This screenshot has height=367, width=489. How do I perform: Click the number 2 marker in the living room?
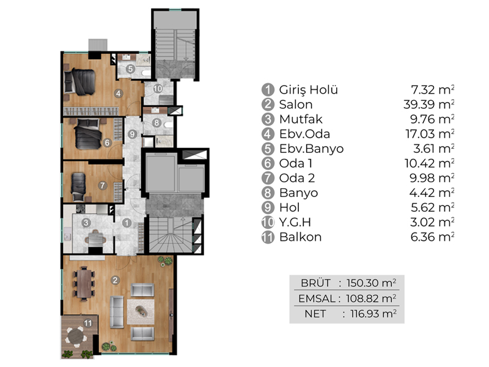coord(116,280)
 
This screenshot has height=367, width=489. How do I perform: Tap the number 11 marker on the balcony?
coord(88,323)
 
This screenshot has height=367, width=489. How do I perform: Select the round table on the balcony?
coord(76,336)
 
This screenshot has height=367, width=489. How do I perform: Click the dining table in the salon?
coord(84,283)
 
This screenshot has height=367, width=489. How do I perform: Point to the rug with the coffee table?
coord(141,312)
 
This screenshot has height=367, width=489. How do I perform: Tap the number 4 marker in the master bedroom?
coord(118,93)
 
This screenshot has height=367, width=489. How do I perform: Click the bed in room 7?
coord(78,187)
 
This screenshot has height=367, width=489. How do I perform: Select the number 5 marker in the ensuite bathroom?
coord(130,69)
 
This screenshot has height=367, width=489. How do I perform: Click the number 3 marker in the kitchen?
coord(86,223)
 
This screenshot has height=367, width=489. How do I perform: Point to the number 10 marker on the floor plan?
coord(158,89)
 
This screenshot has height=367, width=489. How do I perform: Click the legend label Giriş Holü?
coord(309,90)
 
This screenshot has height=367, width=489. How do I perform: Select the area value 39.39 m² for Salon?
coord(428,105)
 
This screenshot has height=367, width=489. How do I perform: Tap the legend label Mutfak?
coord(301,119)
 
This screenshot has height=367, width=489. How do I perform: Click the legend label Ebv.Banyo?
coord(311,149)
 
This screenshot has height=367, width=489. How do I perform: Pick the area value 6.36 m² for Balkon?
coord(432,237)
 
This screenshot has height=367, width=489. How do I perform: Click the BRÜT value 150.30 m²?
coord(372,283)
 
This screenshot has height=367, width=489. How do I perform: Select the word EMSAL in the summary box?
coord(317,298)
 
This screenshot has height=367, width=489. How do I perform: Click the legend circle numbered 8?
coord(268,193)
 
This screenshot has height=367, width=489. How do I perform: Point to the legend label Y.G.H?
coord(295,223)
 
